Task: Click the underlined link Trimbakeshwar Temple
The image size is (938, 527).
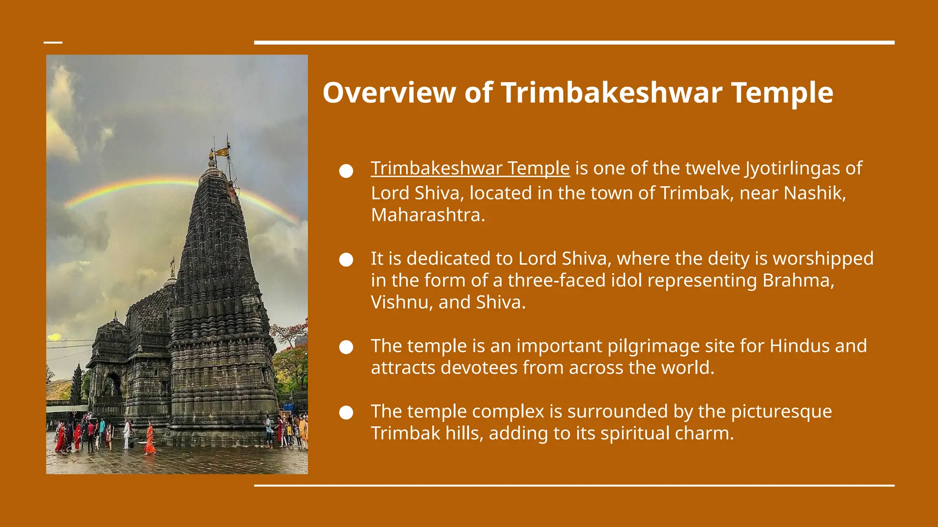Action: pos(470,168)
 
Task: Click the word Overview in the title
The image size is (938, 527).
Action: pos(389,93)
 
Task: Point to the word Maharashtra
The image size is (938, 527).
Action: pos(427,215)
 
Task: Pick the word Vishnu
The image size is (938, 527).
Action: pos(397,302)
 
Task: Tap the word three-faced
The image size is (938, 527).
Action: pos(556,280)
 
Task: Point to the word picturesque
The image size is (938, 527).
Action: pos(781,411)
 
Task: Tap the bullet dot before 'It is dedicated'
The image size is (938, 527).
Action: pos(346,260)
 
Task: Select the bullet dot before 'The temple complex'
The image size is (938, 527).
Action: pos(346,413)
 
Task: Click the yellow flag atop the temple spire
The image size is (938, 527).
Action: pos(223,151)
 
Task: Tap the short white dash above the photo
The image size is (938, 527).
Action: pos(53,43)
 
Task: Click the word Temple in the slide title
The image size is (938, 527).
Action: pos(782,93)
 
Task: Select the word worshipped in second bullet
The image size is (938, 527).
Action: pos(823,258)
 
